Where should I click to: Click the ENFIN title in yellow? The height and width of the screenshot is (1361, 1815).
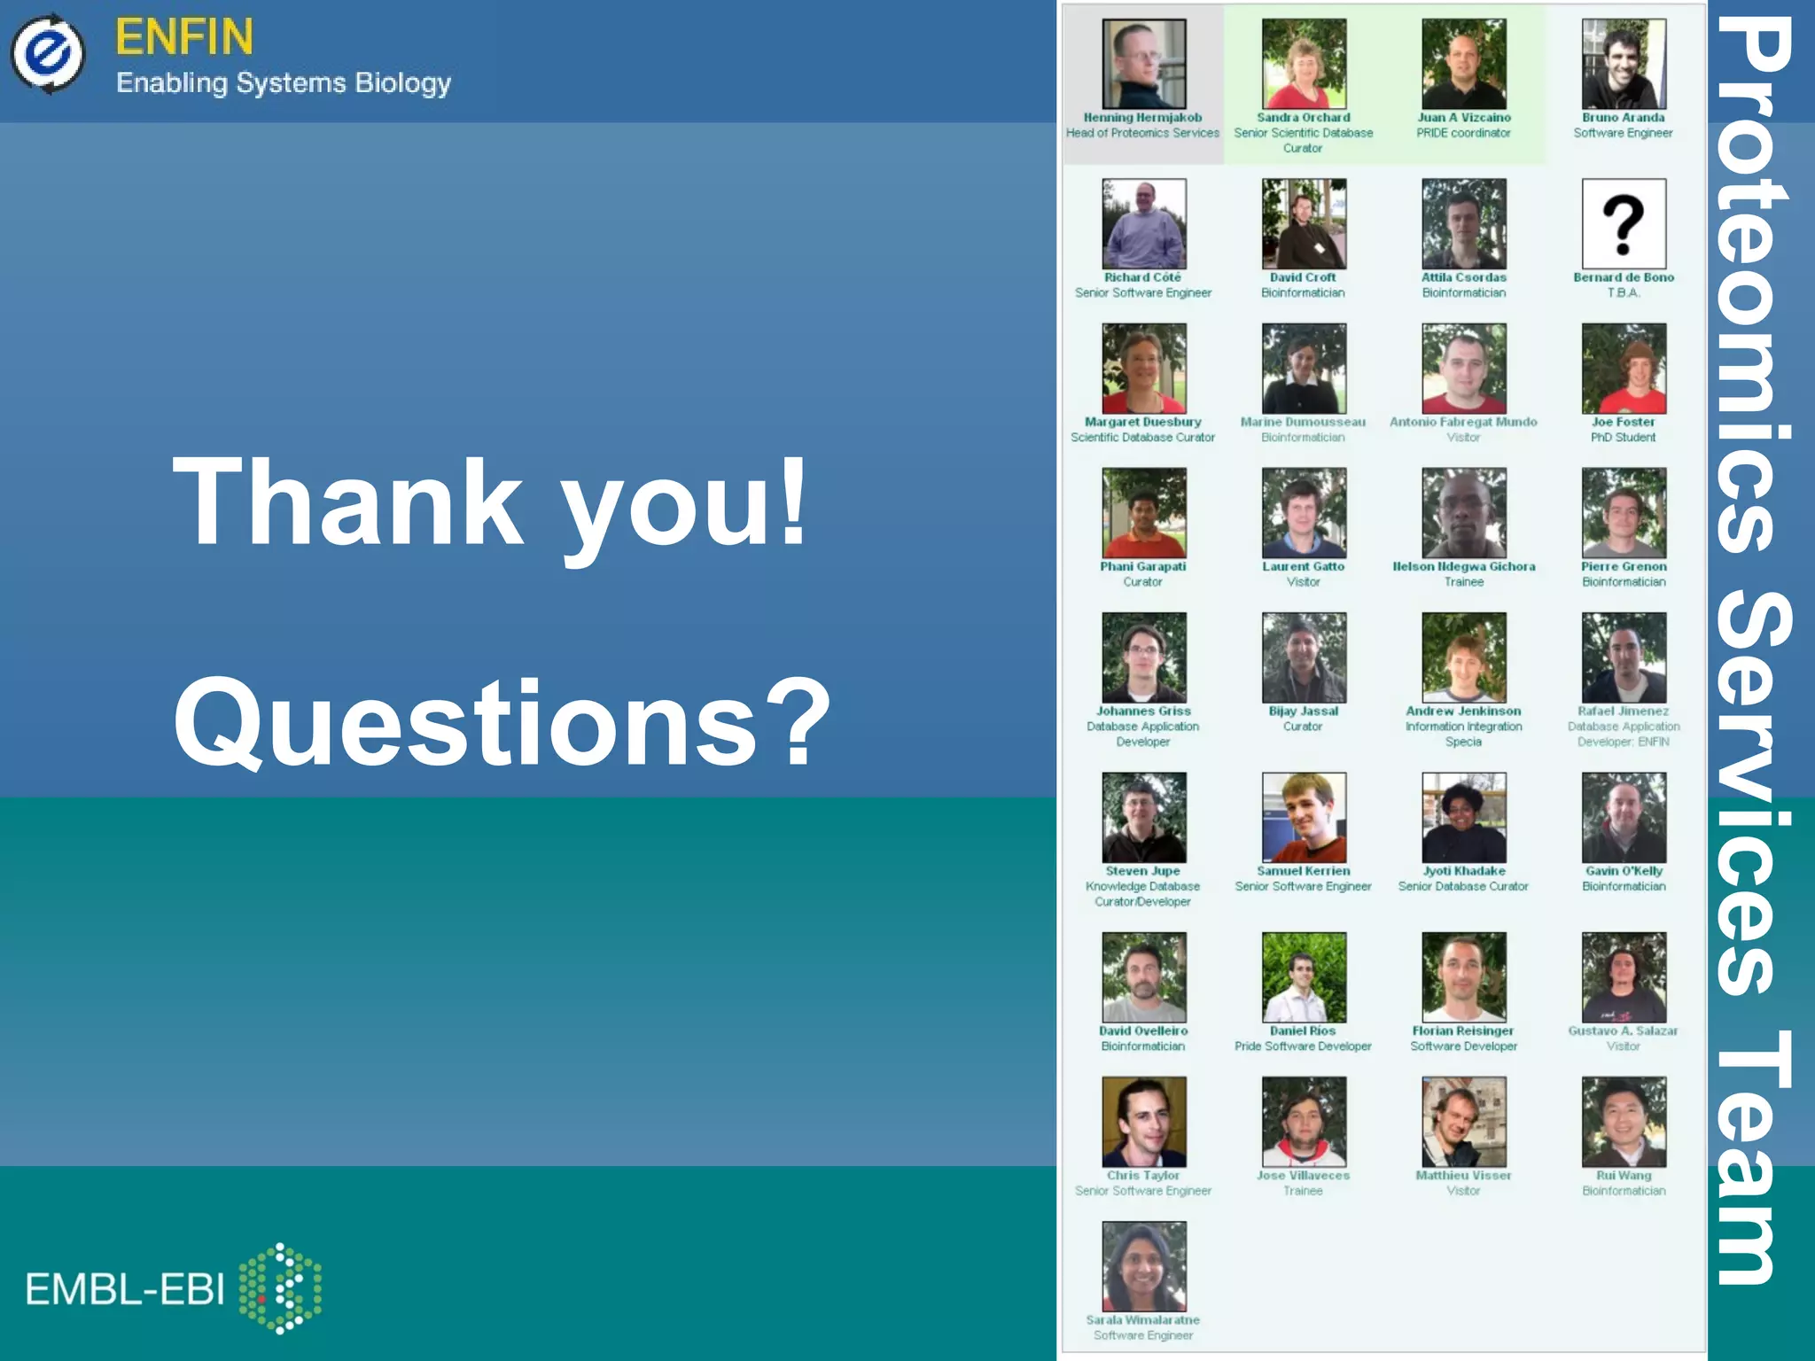point(184,37)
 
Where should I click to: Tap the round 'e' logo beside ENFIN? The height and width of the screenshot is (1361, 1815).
point(48,53)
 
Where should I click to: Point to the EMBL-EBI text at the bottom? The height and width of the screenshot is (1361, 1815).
point(125,1289)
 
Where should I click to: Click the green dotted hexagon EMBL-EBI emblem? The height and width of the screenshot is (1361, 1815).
point(281,1287)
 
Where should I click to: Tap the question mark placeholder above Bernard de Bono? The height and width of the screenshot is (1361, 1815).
point(1624,223)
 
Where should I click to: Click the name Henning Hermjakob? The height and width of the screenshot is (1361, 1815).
point(1142,117)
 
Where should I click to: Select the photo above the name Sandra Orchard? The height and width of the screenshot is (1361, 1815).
point(1304,64)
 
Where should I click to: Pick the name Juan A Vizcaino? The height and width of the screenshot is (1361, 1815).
point(1464,117)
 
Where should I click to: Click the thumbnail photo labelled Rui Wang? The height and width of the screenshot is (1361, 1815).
point(1624,1122)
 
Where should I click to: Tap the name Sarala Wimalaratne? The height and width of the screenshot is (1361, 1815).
point(1142,1319)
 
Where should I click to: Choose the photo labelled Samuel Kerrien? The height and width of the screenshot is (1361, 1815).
point(1304,817)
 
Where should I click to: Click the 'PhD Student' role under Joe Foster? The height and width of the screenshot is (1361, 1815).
point(1623,437)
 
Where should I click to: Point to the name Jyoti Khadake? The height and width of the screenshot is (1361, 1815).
point(1464,871)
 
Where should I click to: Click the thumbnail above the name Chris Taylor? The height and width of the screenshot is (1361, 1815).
point(1143,1122)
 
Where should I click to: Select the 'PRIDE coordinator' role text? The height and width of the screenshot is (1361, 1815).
point(1463,133)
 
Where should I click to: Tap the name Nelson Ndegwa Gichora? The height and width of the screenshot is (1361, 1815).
point(1464,566)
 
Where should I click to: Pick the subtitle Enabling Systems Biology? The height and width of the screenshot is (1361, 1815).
point(284,83)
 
